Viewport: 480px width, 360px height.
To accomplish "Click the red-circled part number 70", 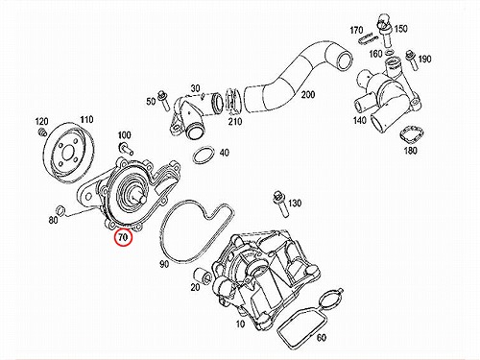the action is click(123, 237).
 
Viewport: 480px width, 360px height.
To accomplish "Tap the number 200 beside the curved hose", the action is click(307, 95).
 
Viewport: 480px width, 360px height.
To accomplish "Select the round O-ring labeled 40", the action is click(204, 156).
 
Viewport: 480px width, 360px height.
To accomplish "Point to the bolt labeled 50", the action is click(163, 100).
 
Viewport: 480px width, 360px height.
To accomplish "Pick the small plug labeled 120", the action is click(41, 132).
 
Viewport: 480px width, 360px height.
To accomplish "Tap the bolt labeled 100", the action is click(125, 147).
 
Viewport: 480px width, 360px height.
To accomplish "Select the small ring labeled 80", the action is click(60, 209).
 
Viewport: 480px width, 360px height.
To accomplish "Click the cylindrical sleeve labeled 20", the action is click(203, 275).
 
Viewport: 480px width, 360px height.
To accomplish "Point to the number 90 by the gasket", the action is click(164, 264).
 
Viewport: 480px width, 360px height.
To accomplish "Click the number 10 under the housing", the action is click(240, 324).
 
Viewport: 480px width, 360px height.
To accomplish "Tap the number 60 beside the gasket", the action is click(321, 337).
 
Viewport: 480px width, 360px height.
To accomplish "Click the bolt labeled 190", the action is click(411, 60).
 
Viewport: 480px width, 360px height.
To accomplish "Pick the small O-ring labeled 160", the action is click(390, 52).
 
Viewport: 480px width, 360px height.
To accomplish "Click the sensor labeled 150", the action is click(383, 32).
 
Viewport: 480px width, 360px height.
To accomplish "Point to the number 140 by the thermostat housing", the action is click(359, 120).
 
